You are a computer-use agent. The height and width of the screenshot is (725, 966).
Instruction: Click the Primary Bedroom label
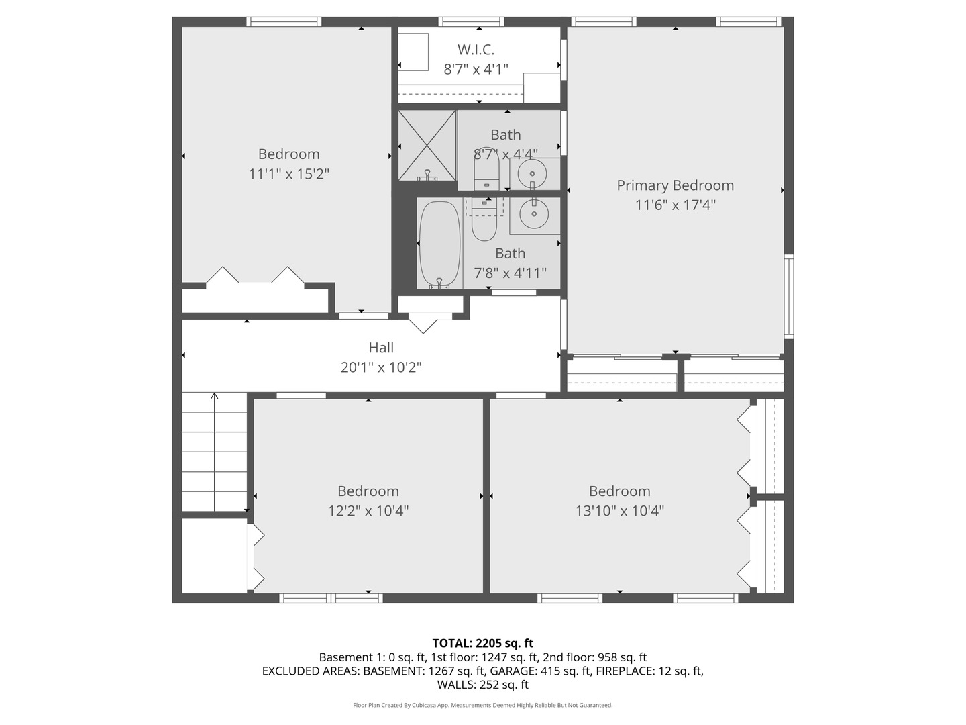click(675, 185)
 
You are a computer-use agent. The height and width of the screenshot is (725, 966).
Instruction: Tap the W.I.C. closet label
click(476, 50)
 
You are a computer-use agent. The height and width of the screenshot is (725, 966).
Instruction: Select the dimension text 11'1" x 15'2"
click(288, 174)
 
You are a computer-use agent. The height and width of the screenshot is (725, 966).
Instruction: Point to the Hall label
click(381, 348)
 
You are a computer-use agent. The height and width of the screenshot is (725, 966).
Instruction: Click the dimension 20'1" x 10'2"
click(381, 367)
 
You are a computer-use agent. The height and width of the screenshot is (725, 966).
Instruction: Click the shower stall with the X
click(427, 145)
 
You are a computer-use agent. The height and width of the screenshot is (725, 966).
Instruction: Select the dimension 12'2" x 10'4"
click(368, 511)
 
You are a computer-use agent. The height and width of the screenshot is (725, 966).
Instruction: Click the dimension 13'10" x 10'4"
click(619, 511)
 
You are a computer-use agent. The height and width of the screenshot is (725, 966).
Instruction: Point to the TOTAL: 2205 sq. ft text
click(482, 643)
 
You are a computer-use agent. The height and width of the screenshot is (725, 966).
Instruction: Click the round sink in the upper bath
click(533, 173)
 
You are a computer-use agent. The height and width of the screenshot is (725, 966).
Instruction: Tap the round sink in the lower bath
click(535, 215)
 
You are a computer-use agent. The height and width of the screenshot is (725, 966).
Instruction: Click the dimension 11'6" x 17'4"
click(675, 205)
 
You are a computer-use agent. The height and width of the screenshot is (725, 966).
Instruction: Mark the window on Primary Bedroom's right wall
click(789, 295)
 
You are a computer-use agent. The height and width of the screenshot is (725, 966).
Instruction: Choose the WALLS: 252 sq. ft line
click(482, 685)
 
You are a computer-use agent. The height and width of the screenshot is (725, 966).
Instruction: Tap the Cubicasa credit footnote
click(482, 705)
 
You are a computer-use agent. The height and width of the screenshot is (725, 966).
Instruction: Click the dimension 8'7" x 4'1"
click(476, 69)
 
